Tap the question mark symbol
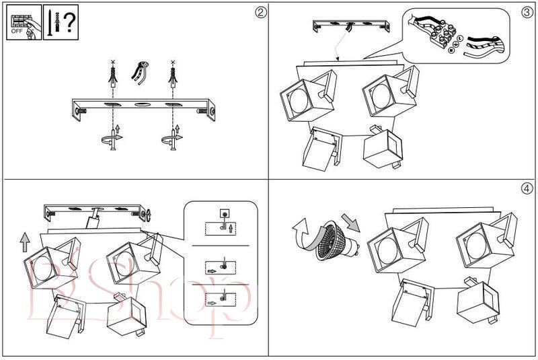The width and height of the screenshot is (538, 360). point(69,22)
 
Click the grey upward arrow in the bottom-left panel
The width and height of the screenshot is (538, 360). point(25,241)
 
